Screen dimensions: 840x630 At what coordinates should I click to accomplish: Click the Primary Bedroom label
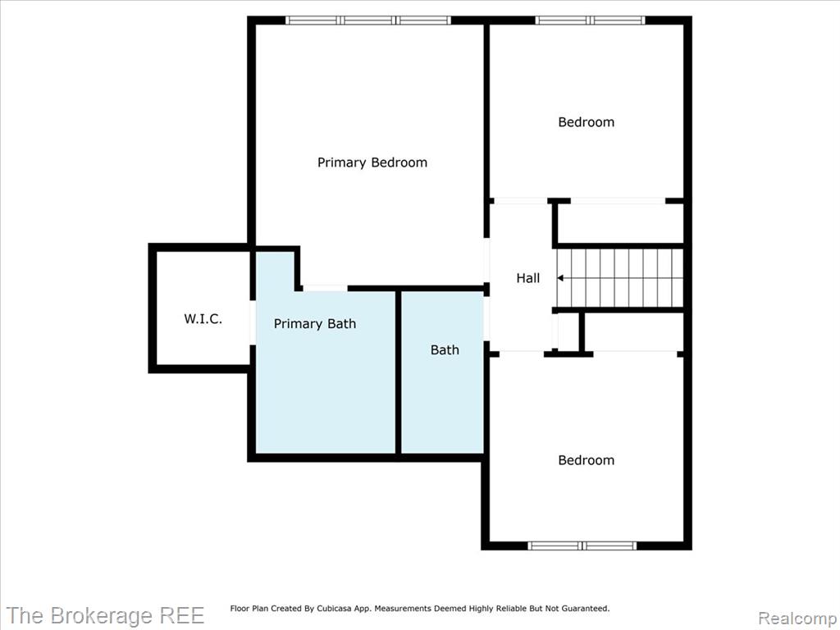tap(372, 162)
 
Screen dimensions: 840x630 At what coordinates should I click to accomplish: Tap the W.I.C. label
tap(203, 319)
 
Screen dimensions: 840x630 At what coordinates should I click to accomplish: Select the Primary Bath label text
tap(315, 323)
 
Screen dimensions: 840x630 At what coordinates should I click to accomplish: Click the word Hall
tap(528, 278)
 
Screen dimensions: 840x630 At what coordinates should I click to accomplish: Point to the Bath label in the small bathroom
tap(445, 349)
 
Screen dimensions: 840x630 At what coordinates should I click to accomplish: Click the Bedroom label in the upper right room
tap(586, 122)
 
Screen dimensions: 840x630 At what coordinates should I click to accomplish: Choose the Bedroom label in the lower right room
tap(586, 460)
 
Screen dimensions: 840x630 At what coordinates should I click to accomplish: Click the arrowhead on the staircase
tap(560, 278)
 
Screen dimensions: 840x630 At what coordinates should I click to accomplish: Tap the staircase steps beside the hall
tap(620, 278)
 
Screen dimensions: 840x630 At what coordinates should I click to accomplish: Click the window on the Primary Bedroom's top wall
tap(368, 21)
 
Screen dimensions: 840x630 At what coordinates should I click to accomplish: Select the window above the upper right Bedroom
tap(591, 21)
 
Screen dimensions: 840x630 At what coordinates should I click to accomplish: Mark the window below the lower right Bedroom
tap(582, 546)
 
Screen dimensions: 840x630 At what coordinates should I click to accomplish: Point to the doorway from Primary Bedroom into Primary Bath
tap(325, 288)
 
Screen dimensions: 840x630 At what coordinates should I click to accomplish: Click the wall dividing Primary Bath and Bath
tap(398, 372)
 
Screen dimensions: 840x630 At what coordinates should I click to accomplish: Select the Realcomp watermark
tap(798, 619)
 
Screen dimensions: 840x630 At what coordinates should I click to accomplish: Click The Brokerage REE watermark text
tap(105, 615)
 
